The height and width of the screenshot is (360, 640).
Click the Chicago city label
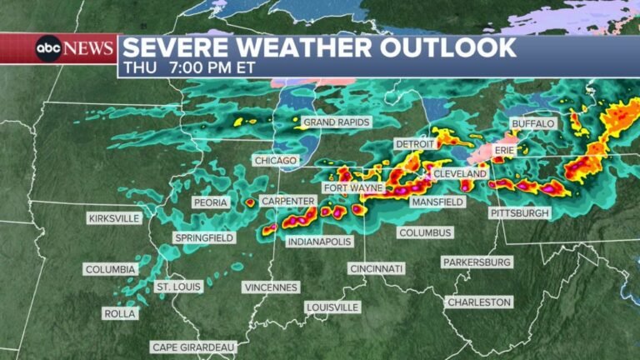275,160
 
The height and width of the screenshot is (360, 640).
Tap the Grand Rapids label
336,122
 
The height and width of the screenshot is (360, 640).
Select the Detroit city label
415,144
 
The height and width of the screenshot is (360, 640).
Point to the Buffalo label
532,124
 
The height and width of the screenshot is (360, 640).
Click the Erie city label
506,150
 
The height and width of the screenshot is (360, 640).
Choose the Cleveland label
459,173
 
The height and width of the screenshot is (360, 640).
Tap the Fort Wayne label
353,188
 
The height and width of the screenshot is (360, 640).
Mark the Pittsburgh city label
520,213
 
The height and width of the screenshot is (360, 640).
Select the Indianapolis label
319,242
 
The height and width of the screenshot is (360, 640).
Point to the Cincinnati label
377,268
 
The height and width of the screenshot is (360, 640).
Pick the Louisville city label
332,307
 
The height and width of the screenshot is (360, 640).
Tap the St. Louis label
179,287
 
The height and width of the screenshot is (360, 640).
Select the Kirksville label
114,218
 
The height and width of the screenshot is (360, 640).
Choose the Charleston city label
478,302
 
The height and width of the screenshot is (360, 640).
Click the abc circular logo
47,49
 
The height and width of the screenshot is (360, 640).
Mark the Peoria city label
211,202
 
